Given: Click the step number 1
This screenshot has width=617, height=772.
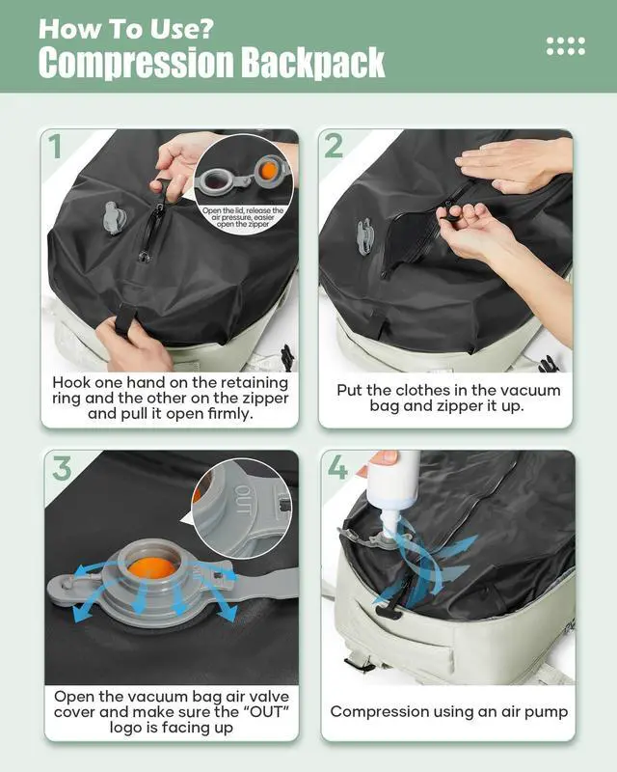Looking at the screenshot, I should (x=56, y=147).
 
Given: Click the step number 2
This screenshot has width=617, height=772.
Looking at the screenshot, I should (x=334, y=147).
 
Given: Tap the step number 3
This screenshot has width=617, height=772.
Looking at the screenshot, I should (x=62, y=469).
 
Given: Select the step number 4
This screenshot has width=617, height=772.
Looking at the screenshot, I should (x=338, y=469).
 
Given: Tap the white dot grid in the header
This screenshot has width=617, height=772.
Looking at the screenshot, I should (x=565, y=45).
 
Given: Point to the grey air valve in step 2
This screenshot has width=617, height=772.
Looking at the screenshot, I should (x=365, y=234).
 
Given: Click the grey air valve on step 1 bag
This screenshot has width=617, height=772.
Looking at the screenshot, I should (x=115, y=217).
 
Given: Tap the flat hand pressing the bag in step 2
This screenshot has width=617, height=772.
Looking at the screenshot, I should (x=511, y=164).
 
